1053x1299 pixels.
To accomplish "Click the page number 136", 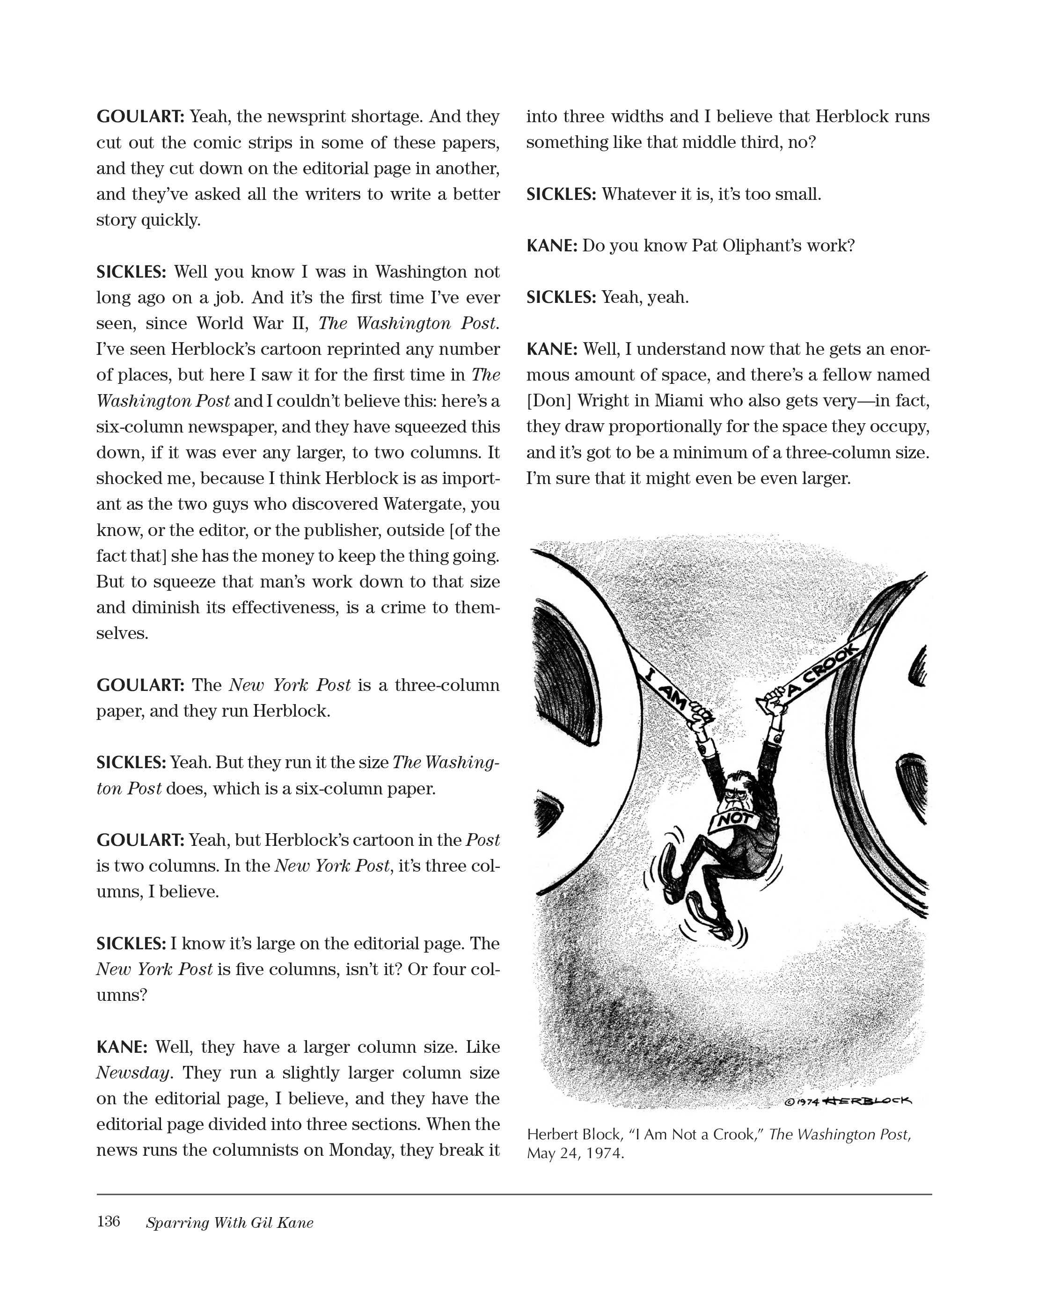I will pyautogui.click(x=108, y=1221).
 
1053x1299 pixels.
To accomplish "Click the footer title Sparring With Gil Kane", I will pyautogui.click(x=229, y=1223).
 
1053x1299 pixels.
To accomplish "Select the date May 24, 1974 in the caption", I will pyautogui.click(x=575, y=1153).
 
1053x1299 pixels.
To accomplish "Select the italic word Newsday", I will pyautogui.click(x=133, y=1073).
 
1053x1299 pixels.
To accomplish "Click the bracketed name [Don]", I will pyautogui.click(x=549, y=401).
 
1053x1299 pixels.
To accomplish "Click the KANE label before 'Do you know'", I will pyautogui.click(x=551, y=246).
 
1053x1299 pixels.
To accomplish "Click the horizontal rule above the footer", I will pyautogui.click(x=514, y=1194).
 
